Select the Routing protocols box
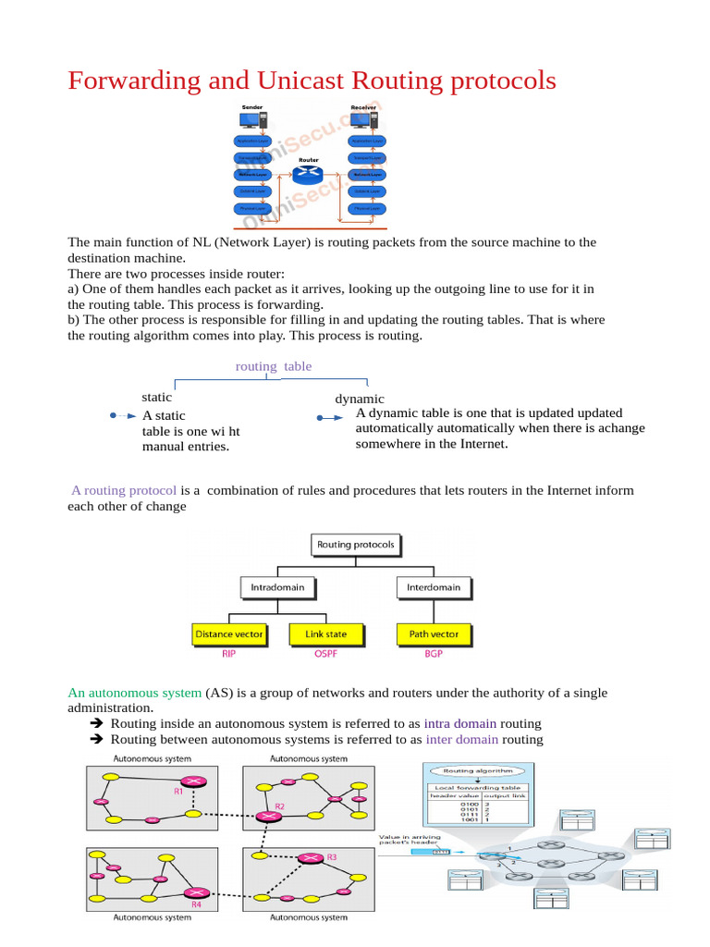pyautogui.click(x=356, y=545)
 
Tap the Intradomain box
pyautogui.click(x=277, y=587)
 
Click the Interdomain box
pyautogui.click(x=434, y=587)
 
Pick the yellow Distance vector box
pyautogui.click(x=229, y=634)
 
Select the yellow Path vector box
pyautogui.click(x=434, y=634)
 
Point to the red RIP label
pyautogui.click(x=229, y=654)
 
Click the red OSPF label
pyautogui.click(x=324, y=654)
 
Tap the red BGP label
pyautogui.click(x=434, y=654)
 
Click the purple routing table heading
pyautogui.click(x=274, y=366)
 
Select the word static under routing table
pyautogui.click(x=156, y=397)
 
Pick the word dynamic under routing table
pyautogui.click(x=360, y=399)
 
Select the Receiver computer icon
pyautogui.click(x=363, y=120)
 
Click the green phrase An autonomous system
pyautogui.click(x=135, y=693)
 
